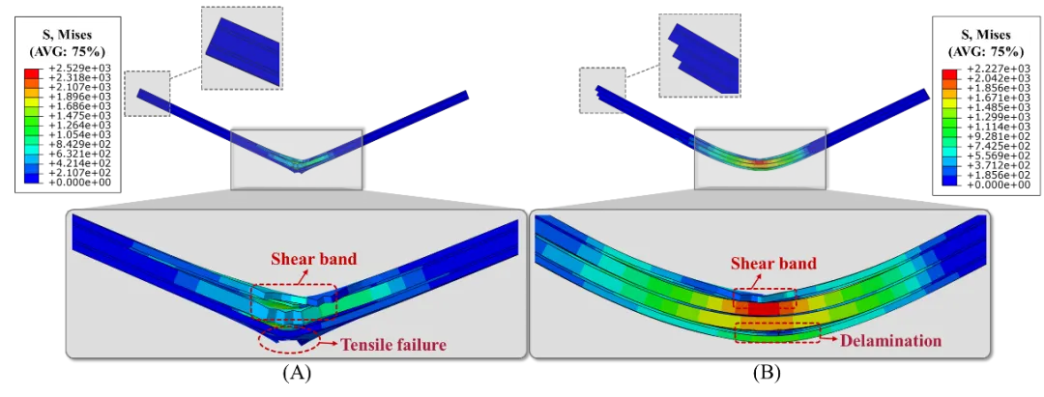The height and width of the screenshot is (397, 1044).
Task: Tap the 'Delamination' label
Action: pyautogui.click(x=890, y=340)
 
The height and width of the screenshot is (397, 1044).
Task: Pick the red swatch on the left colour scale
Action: pyautogui.click(x=32, y=73)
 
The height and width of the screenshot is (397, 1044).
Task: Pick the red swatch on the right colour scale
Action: pyautogui.click(x=948, y=74)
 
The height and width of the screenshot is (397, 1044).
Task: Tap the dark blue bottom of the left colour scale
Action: pyautogui.click(x=32, y=177)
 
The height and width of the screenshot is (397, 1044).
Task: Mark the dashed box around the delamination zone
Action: pyautogui.click(x=777, y=331)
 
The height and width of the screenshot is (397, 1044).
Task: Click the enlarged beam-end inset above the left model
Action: pyautogui.click(x=243, y=46)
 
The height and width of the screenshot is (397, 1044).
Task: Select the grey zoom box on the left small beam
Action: pyautogui.click(x=296, y=158)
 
